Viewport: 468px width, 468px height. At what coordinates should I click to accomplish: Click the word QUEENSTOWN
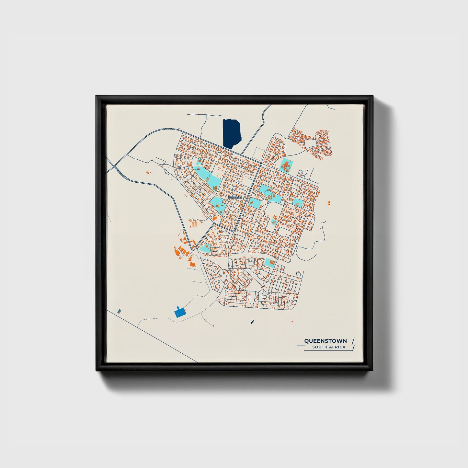(325, 341)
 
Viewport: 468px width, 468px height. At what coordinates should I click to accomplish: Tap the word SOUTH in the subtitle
(319, 347)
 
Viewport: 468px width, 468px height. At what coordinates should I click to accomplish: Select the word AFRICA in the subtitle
(337, 347)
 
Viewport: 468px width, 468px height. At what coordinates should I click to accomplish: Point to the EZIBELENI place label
(235, 197)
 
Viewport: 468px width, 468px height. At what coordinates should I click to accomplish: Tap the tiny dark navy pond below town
(252, 322)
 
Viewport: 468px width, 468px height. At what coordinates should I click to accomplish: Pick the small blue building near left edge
(119, 311)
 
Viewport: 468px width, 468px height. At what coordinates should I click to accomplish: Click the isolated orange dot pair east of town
(329, 203)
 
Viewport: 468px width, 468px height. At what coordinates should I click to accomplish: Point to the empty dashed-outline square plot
(258, 153)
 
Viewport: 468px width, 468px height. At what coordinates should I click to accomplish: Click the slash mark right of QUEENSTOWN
(353, 341)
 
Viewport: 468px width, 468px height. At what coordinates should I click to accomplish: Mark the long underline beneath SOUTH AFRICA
(324, 350)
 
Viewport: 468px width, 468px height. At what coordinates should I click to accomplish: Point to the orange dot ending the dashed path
(213, 326)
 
